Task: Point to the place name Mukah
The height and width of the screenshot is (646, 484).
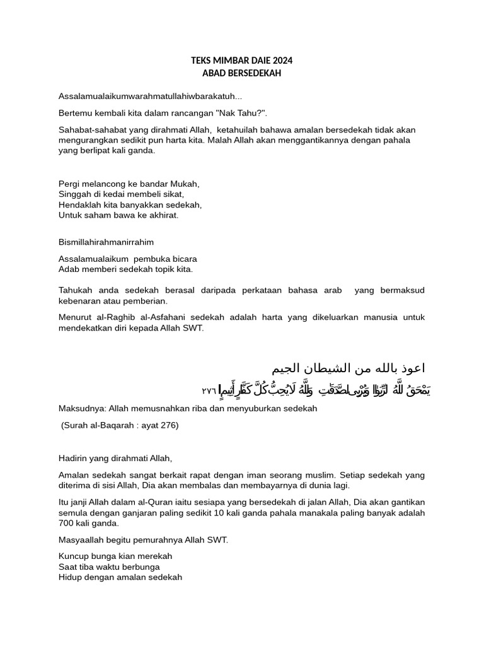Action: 185,184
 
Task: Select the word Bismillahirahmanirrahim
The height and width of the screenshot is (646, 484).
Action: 106,242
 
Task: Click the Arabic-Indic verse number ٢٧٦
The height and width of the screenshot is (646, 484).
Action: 209,391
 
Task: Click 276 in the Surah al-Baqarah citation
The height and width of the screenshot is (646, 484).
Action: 168,425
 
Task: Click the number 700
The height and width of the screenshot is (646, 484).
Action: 66,523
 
